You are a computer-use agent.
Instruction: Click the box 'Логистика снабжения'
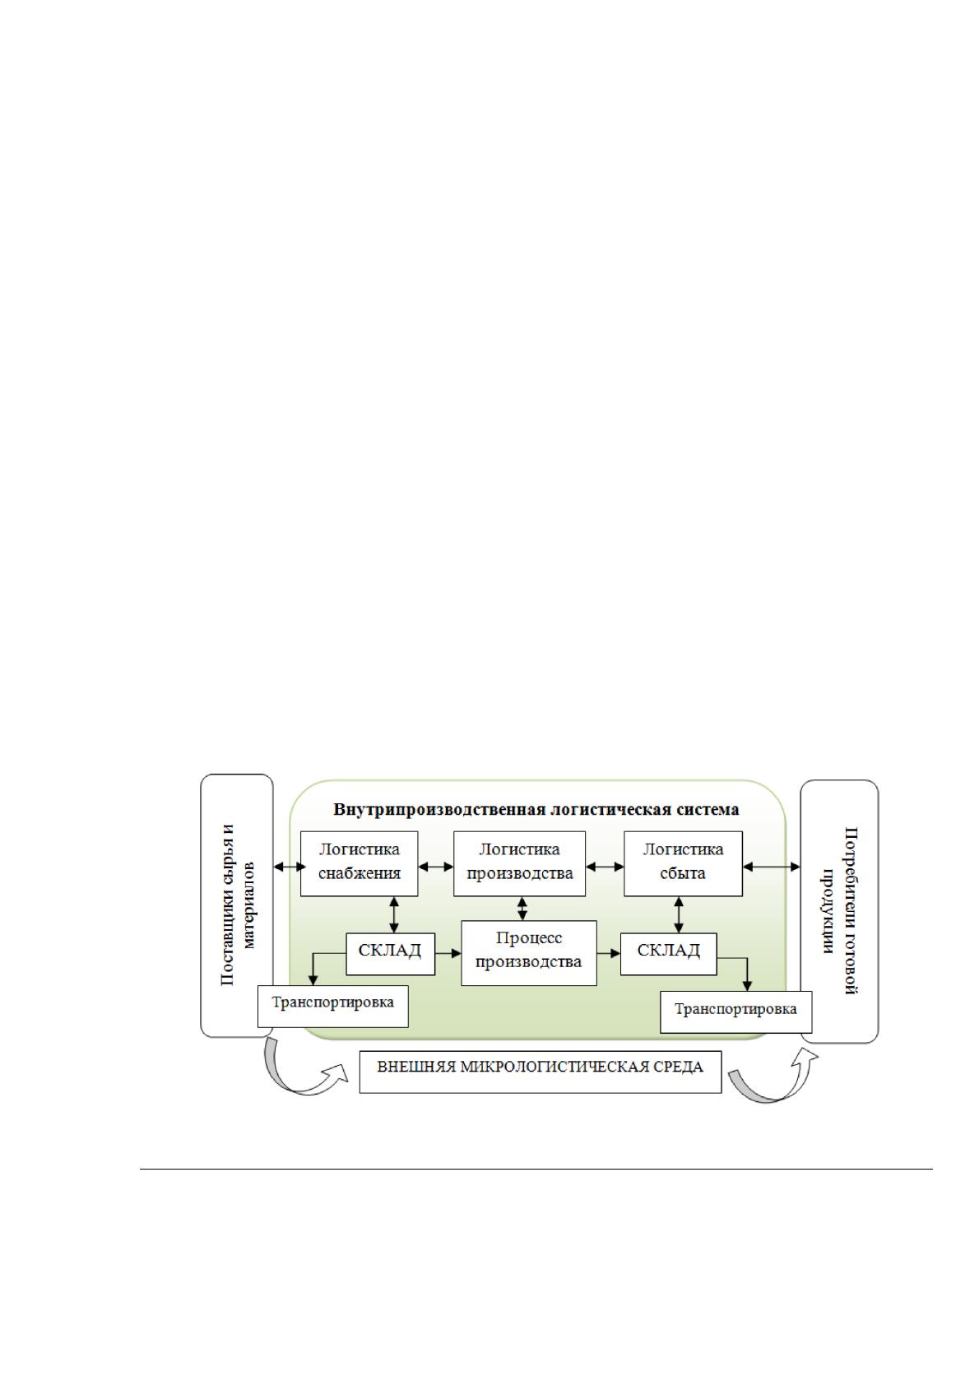tap(359, 863)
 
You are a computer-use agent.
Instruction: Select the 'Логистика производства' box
tap(519, 863)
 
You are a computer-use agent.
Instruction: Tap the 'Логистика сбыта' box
tap(683, 863)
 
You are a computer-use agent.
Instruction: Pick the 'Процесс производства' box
tap(529, 953)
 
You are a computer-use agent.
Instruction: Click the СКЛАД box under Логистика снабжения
tap(390, 954)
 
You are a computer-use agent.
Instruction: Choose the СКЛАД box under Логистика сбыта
tap(669, 954)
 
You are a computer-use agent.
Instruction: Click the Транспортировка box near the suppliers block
tap(332, 1006)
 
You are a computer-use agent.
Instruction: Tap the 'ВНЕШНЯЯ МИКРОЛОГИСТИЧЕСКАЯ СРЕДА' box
tap(540, 1072)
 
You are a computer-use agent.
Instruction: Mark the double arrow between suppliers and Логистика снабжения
tap(287, 867)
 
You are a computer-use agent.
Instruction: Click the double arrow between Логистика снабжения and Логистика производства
tap(436, 867)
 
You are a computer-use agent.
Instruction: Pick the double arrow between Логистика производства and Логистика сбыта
tap(605, 867)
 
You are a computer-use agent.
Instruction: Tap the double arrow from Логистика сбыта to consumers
tap(772, 867)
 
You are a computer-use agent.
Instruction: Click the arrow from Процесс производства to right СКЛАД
tap(609, 954)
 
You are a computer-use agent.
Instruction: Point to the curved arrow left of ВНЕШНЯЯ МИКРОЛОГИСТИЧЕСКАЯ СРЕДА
tap(303, 1073)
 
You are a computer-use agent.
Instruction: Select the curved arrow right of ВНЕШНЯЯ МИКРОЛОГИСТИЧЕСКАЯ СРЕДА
tap(773, 1080)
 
